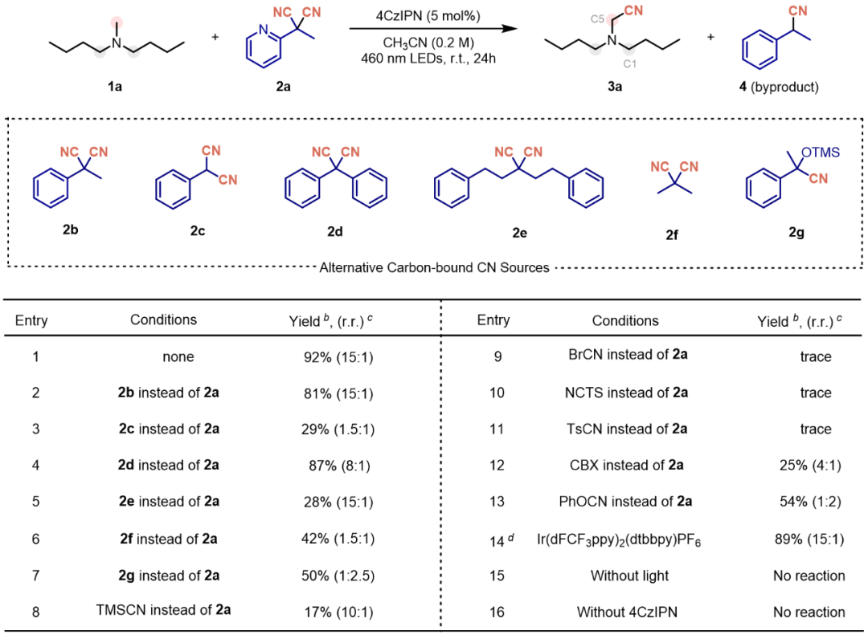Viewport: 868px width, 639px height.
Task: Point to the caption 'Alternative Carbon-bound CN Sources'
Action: click(434, 268)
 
